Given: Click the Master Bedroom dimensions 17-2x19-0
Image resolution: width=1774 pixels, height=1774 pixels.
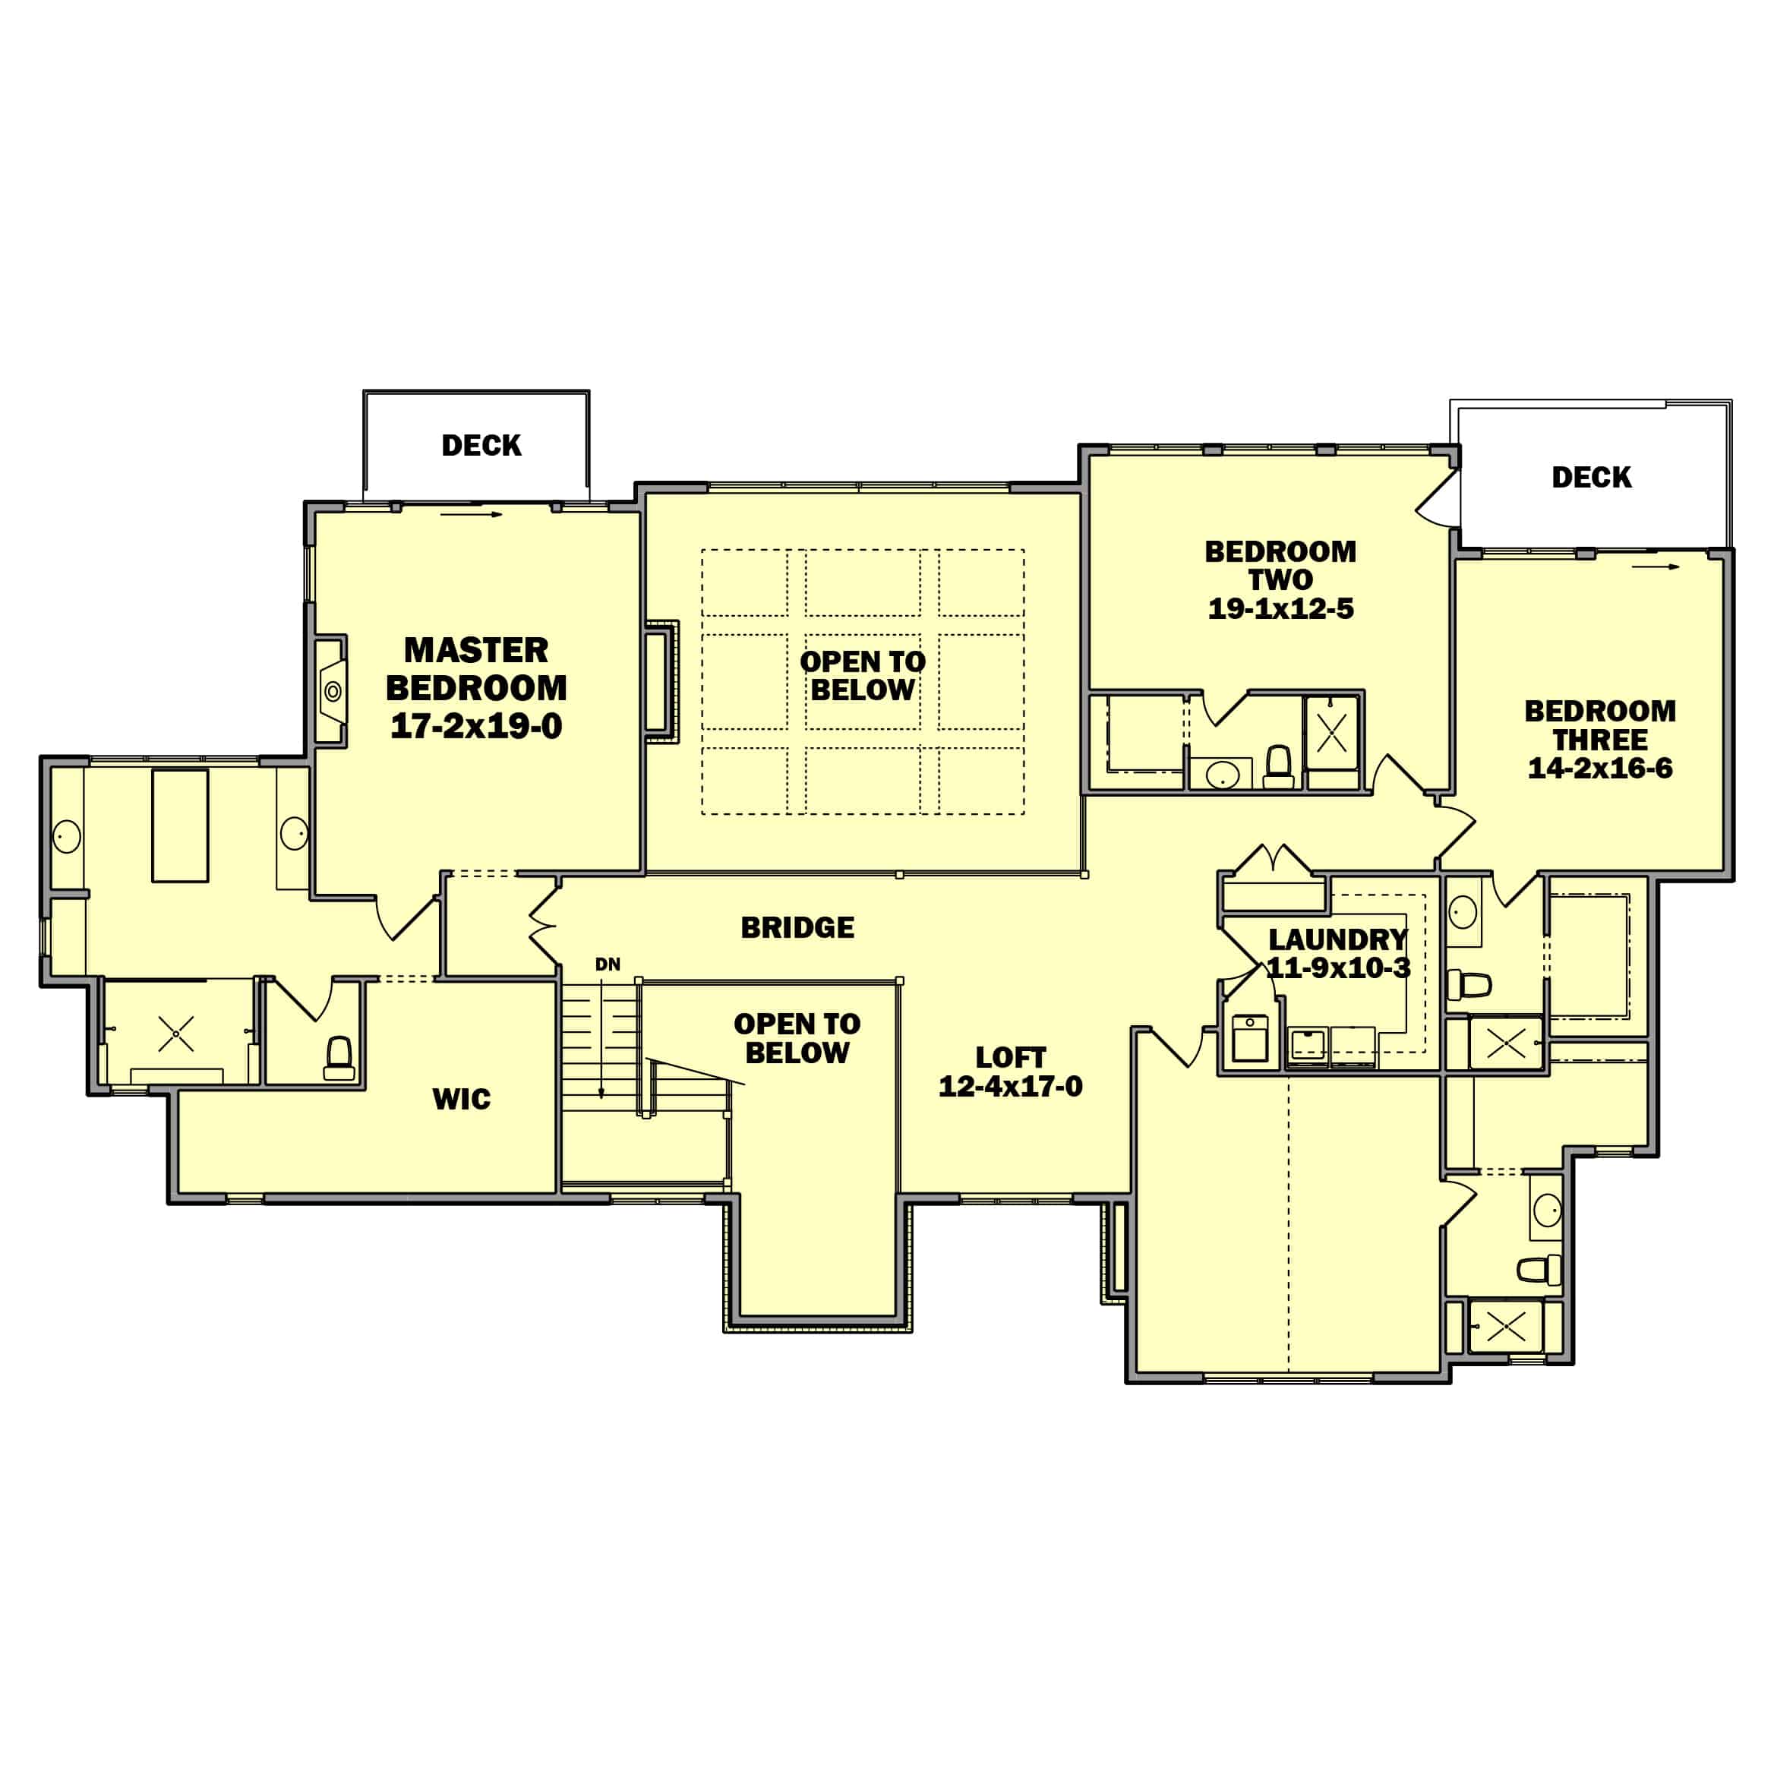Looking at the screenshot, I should (475, 726).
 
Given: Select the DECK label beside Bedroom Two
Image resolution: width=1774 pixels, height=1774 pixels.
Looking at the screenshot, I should (1591, 478).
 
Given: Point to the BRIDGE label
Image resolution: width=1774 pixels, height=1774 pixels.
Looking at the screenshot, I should (797, 927).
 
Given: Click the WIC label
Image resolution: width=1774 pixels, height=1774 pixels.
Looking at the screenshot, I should (461, 1098).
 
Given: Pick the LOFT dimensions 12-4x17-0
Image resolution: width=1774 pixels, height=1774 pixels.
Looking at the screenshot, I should (1010, 1086).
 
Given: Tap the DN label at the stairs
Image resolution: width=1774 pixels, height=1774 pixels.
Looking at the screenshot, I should (607, 964).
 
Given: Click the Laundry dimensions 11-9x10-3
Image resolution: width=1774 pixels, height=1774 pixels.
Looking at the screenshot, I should (1338, 967).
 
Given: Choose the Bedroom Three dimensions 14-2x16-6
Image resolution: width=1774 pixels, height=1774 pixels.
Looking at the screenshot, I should (1599, 769).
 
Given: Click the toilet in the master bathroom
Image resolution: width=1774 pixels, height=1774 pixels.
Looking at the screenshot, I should (339, 1058).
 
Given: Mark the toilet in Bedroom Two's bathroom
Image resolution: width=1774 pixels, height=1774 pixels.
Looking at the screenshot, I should (1278, 767).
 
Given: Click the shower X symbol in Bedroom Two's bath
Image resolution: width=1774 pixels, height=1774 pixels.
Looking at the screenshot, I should (1331, 733).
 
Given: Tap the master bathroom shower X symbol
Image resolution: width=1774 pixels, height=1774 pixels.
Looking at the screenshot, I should (176, 1034).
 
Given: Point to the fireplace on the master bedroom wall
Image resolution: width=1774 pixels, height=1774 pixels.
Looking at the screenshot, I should (333, 690).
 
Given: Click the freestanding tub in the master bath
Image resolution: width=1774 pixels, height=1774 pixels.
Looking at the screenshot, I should (180, 825).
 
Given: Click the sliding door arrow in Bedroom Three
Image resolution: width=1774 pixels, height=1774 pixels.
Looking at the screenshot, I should (1655, 567).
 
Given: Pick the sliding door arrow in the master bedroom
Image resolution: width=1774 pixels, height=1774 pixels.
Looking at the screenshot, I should (471, 514).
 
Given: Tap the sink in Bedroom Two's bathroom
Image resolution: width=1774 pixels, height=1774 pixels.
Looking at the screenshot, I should (1222, 774).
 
